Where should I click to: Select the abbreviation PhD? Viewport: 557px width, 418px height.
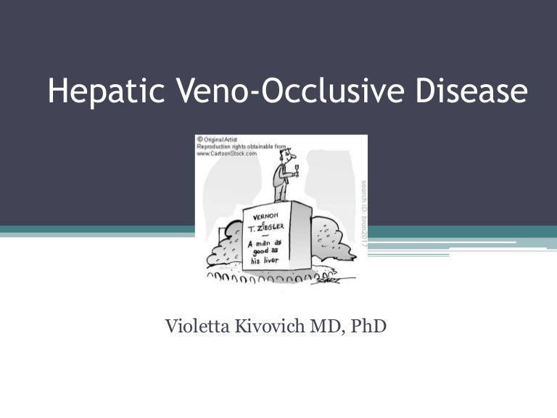coord(368,327)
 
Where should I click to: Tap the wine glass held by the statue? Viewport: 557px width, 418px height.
coord(295,167)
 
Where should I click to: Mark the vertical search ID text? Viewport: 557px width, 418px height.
coord(363,210)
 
